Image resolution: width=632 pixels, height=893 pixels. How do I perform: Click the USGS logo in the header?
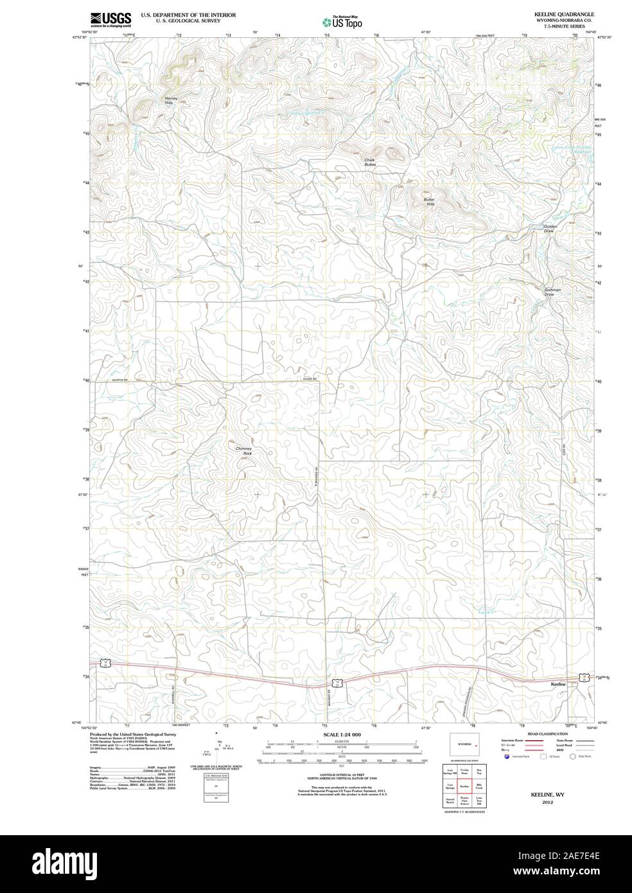click(110, 19)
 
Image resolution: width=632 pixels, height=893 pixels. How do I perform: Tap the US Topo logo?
click(343, 21)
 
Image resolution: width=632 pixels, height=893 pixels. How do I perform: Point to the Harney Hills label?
click(169, 100)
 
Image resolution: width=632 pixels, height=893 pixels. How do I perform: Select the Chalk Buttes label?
click(370, 163)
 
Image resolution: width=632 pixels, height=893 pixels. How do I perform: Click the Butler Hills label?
click(429, 201)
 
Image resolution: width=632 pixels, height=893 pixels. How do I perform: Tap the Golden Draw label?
click(549, 228)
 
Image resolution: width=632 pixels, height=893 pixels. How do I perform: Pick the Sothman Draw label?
click(552, 292)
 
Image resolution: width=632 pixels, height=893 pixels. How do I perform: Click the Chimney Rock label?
click(243, 450)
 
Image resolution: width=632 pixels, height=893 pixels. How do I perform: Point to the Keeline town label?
click(558, 684)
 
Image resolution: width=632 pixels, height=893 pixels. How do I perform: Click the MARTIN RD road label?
click(120, 380)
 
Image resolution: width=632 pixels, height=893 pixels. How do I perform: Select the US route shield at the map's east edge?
click(583, 677)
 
